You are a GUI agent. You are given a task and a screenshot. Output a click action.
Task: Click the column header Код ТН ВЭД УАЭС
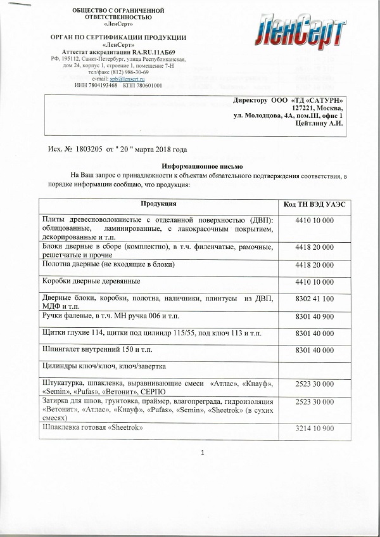click(x=314, y=204)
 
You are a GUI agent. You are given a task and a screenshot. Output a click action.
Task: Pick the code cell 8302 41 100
click(x=314, y=298)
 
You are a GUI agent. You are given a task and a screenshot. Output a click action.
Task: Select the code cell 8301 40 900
click(x=314, y=315)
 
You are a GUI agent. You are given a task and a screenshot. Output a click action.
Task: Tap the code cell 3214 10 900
click(x=314, y=429)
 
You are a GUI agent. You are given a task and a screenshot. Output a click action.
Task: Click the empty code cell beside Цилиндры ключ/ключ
click(x=314, y=367)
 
